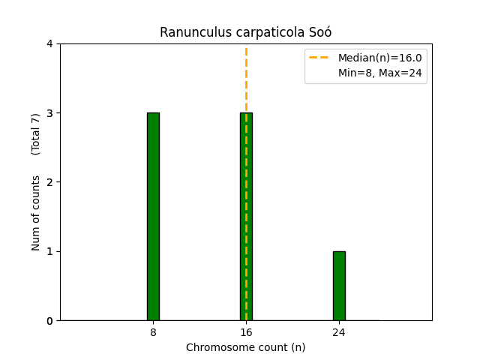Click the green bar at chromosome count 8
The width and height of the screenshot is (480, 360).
[153, 217]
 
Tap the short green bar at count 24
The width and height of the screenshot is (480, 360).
[339, 286]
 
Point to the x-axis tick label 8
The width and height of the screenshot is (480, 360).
[153, 332]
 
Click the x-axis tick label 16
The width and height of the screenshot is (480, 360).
[246, 332]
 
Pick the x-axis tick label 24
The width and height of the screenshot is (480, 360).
[339, 332]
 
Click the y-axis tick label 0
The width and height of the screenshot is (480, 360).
[49, 321]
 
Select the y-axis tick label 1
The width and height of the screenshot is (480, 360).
[49, 251]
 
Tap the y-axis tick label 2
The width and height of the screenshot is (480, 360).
[49, 182]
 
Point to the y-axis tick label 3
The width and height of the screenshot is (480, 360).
[49, 113]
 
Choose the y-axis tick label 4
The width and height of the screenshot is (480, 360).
[49, 44]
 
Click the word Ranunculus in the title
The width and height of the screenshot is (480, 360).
[191, 32]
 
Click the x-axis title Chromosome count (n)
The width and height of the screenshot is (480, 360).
[246, 347]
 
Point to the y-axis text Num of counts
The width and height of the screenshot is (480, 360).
[36, 213]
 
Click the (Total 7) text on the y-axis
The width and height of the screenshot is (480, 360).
[36, 134]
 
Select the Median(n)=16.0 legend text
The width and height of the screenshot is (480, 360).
[379, 58]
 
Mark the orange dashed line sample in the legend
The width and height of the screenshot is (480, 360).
[320, 58]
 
